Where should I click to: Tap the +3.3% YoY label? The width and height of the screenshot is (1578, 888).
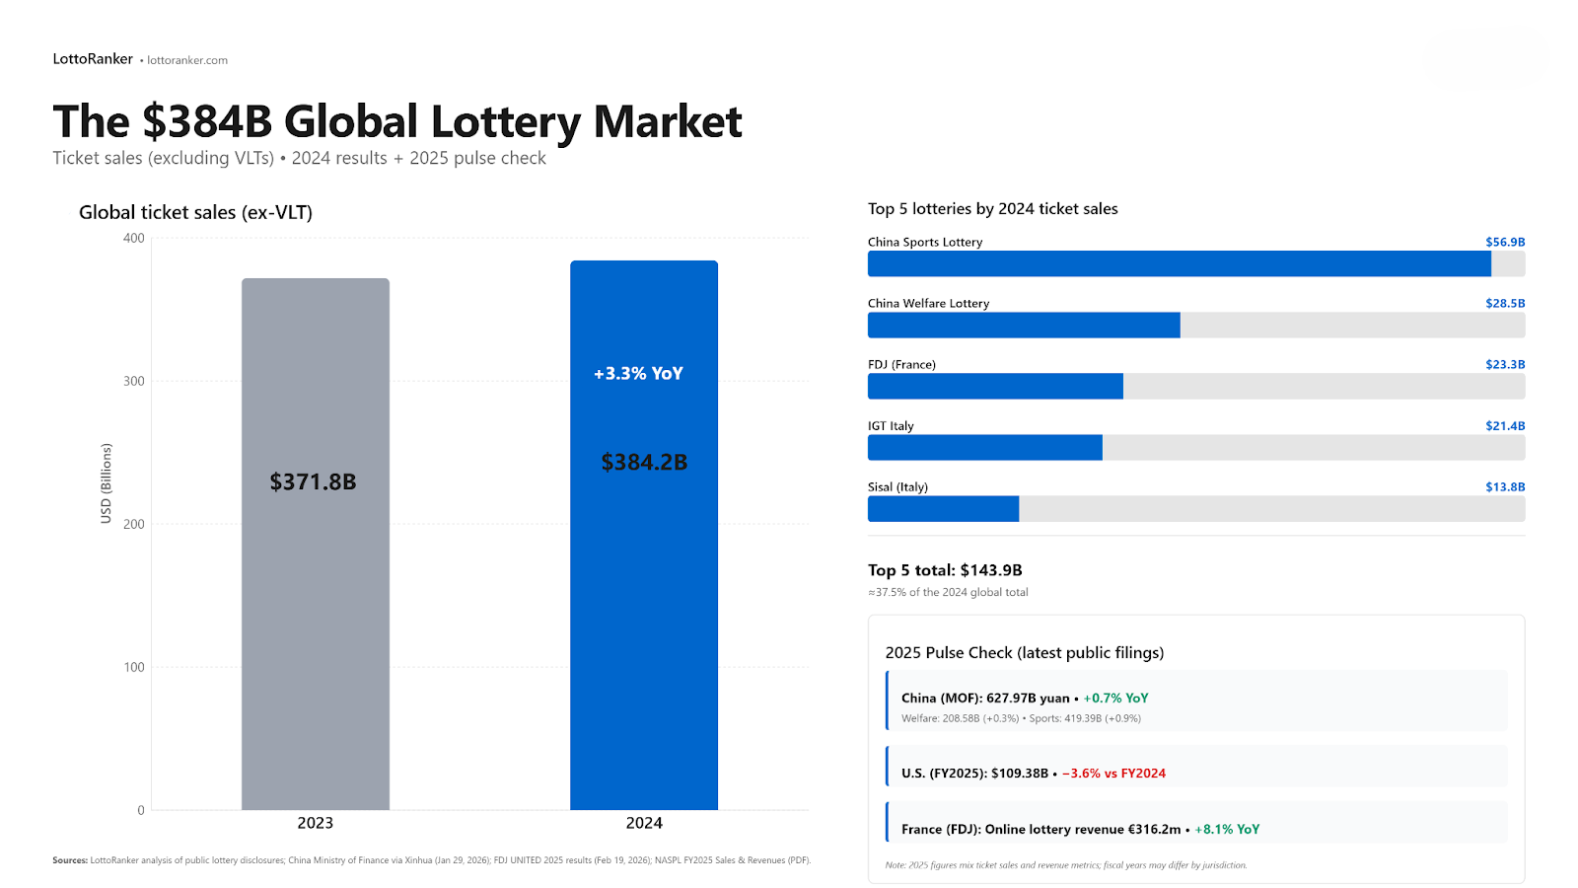pyautogui.click(x=638, y=374)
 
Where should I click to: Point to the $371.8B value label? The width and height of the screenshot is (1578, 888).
pyautogui.click(x=313, y=481)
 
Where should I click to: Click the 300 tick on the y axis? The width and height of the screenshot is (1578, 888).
pyautogui.click(x=134, y=381)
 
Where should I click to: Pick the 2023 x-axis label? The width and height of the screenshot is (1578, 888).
pyautogui.click(x=316, y=823)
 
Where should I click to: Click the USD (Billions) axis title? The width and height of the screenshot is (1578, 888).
pyautogui.click(x=106, y=483)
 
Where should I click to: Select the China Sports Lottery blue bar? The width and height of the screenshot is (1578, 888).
pyautogui.click(x=1179, y=263)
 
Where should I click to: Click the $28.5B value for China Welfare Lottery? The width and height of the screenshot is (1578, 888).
pyautogui.click(x=1505, y=304)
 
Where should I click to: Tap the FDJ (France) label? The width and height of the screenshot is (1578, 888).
pyautogui.click(x=901, y=365)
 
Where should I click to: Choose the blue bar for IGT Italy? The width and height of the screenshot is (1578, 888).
pyautogui.click(x=984, y=448)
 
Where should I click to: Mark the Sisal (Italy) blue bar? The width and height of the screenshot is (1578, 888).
pyautogui.click(x=943, y=509)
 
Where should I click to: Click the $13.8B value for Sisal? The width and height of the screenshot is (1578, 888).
pyautogui.click(x=1505, y=487)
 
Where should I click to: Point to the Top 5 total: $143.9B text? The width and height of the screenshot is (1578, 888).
pyautogui.click(x=945, y=570)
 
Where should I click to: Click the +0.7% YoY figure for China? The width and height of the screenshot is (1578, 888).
pyautogui.click(x=1115, y=699)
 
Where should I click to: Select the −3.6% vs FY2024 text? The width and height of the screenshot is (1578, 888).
pyautogui.click(x=1113, y=774)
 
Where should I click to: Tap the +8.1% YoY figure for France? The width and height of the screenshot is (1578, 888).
pyautogui.click(x=1227, y=830)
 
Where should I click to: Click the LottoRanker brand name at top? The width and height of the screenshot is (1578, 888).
pyautogui.click(x=93, y=59)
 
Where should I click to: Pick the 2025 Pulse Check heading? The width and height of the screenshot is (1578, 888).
pyautogui.click(x=1024, y=653)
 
